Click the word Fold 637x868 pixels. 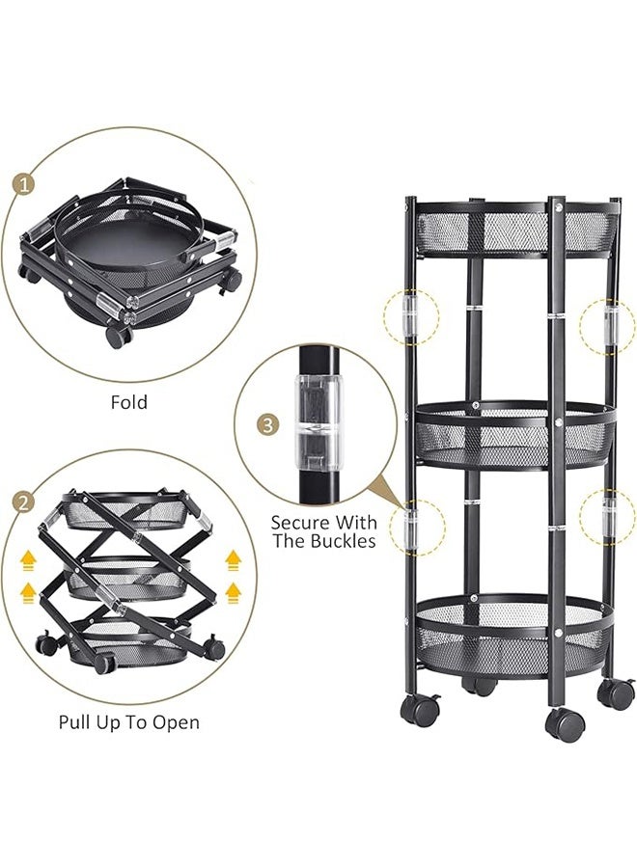128,401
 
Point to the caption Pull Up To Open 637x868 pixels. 128,722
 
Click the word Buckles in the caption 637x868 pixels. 339,541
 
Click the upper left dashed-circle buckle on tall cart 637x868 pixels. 410,315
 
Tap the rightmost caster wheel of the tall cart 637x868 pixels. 616,693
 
